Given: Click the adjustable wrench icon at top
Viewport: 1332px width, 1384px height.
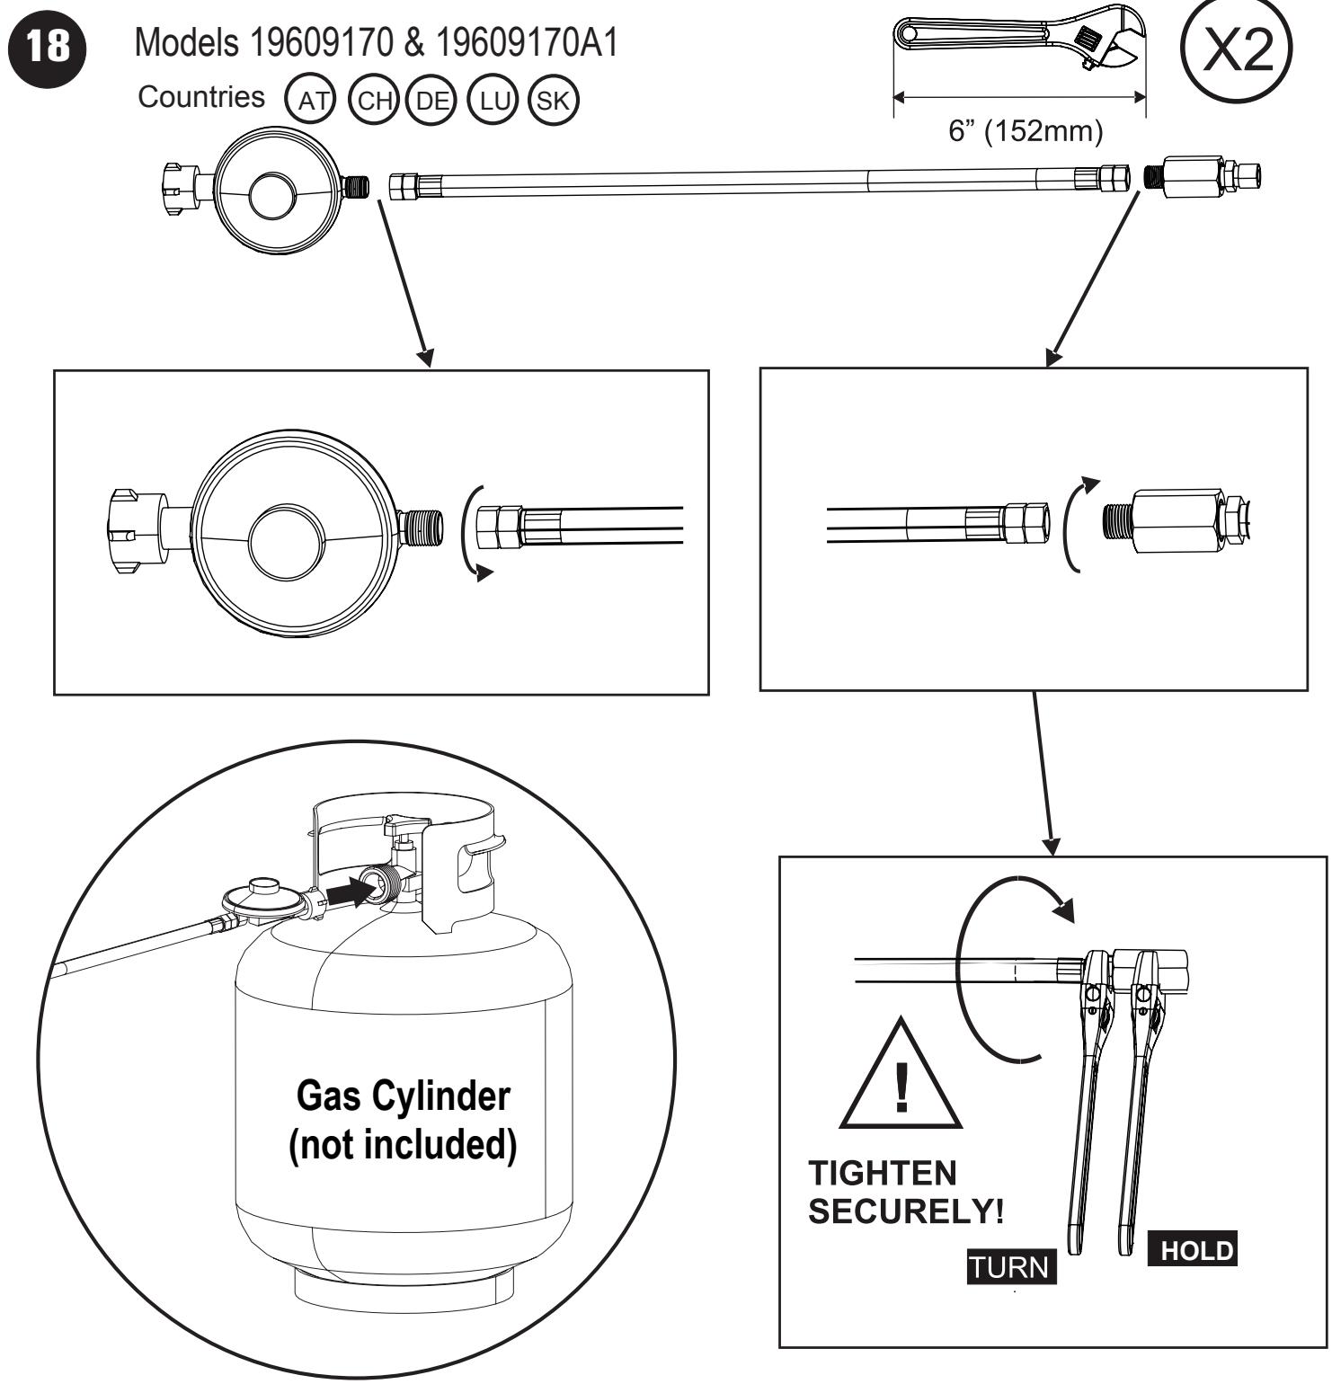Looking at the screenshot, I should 1020,40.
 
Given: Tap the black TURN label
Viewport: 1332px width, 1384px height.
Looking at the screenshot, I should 1011,1267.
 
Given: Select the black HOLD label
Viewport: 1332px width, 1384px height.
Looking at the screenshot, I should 1192,1251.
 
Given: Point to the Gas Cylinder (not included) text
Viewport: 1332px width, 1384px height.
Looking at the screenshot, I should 403,1123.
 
